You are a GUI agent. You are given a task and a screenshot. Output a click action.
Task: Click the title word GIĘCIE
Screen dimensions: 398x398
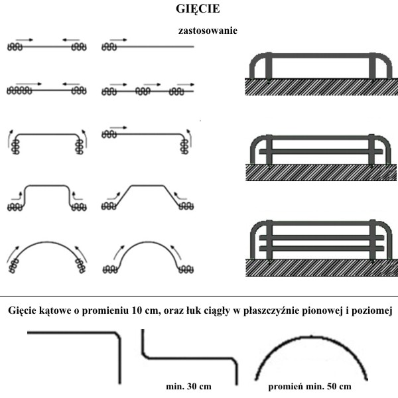[x=198, y=9]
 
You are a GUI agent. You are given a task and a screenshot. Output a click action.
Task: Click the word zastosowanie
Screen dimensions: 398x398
[x=208, y=31]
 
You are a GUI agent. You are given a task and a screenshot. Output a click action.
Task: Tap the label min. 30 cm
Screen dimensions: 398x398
[x=188, y=386]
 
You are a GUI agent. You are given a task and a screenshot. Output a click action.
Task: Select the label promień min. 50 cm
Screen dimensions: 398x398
[x=310, y=387]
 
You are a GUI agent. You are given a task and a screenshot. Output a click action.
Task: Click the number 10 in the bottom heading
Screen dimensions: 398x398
[x=137, y=310]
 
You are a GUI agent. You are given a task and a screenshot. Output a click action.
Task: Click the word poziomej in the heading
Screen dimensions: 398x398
[x=372, y=311]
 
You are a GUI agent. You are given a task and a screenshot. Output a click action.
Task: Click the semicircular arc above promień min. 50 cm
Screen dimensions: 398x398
[x=311, y=338]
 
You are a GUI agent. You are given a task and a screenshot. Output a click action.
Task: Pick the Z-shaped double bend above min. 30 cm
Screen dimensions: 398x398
[x=189, y=358]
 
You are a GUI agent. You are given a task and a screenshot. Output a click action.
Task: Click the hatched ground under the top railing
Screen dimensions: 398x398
[x=321, y=87]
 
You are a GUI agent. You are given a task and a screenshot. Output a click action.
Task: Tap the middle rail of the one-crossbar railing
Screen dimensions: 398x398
[x=321, y=151]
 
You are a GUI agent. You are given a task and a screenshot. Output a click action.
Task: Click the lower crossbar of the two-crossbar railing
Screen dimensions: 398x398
[x=321, y=249]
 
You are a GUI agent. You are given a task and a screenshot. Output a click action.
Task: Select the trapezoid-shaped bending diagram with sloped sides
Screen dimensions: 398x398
[x=147, y=198]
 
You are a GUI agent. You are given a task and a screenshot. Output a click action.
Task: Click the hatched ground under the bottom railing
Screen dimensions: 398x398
[x=321, y=267]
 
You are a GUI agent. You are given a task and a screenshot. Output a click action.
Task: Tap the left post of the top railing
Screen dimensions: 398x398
[x=269, y=66]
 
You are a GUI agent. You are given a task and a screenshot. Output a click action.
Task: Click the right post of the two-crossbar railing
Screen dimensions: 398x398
[x=372, y=240]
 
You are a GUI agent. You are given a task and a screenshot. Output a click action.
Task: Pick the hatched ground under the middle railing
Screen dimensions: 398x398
[x=321, y=172]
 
